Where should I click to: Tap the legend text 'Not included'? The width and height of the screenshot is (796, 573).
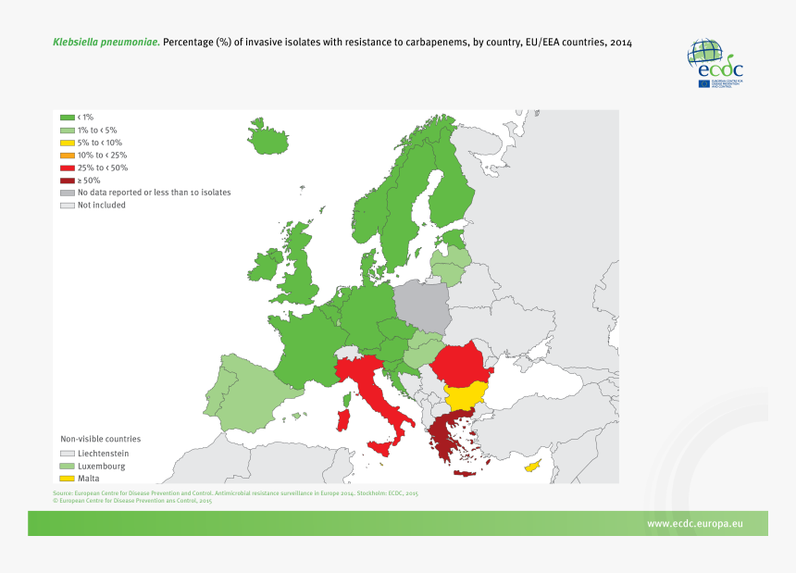pyautogui.click(x=101, y=206)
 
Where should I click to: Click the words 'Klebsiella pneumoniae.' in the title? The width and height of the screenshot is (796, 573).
pyautogui.click(x=106, y=43)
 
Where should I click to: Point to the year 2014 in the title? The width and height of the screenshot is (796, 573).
pyautogui.click(x=621, y=43)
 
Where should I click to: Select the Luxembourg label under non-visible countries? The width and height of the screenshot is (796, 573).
pyautogui.click(x=103, y=466)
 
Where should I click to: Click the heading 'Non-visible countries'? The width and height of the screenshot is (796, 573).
pyautogui.click(x=101, y=439)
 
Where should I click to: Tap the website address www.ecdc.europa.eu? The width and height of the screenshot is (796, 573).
pyautogui.click(x=694, y=524)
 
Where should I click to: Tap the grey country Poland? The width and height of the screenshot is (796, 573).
pyautogui.click(x=421, y=306)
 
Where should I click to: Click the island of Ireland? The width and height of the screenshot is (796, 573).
pyautogui.click(x=264, y=268)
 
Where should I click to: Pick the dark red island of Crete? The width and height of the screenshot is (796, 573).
pyautogui.click(x=466, y=473)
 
